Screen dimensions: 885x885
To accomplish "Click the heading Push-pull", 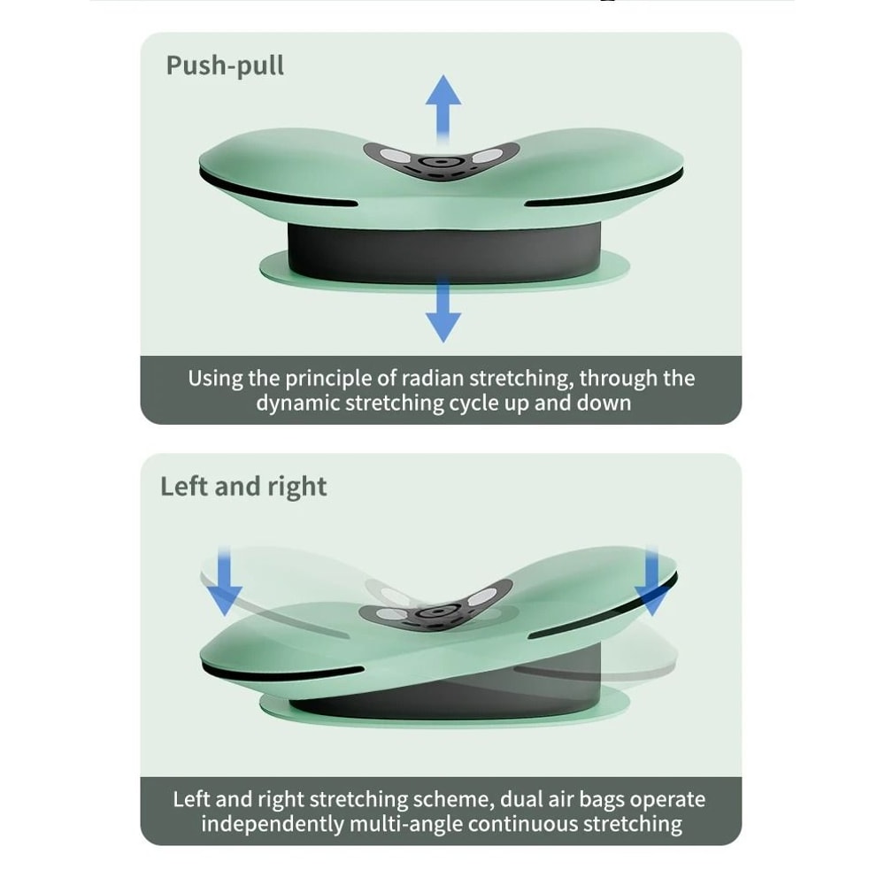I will tap(225, 66).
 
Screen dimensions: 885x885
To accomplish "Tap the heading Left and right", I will tap(243, 487).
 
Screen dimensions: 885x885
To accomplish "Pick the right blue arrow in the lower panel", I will tap(652, 581).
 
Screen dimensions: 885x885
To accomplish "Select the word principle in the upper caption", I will tap(328, 379).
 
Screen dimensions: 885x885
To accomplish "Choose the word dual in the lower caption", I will tap(522, 800).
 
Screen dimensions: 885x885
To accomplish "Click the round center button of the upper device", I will tap(436, 163).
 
